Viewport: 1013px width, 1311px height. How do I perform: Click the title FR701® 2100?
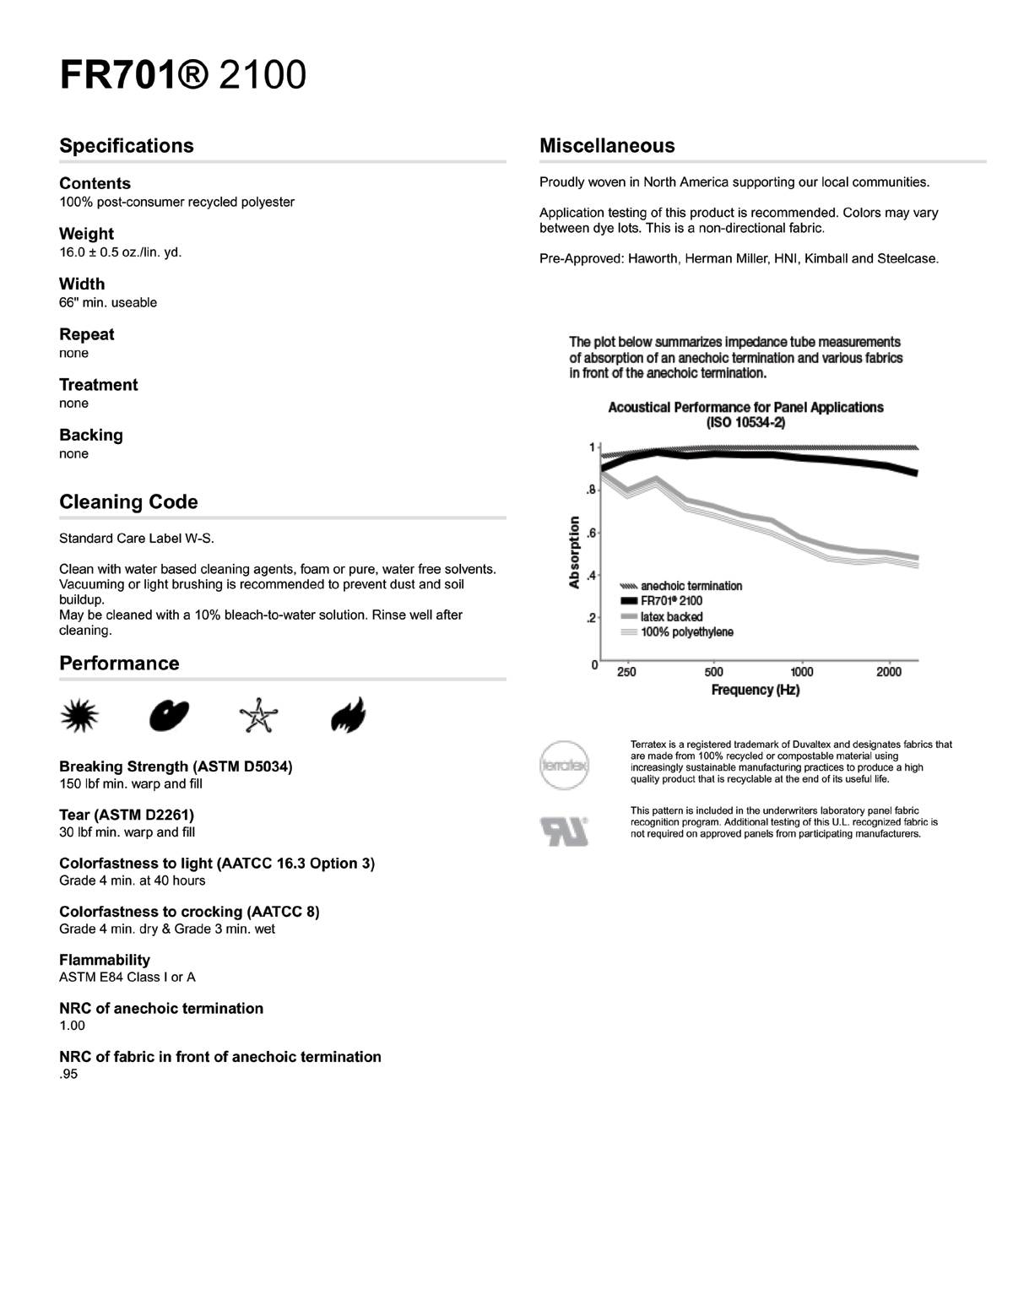click(182, 75)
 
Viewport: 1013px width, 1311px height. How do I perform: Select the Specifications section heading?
click(127, 145)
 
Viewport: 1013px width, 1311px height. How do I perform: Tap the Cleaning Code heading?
click(128, 501)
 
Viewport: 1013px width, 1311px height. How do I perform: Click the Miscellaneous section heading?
click(607, 145)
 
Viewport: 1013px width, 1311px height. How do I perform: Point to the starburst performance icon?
click(80, 717)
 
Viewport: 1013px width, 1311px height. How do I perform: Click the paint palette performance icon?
click(169, 716)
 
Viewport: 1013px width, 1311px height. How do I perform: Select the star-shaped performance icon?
click(258, 716)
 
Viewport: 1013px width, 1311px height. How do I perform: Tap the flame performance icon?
click(348, 716)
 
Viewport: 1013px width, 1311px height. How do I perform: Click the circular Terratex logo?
click(564, 765)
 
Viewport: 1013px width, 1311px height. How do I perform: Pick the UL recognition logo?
click(564, 832)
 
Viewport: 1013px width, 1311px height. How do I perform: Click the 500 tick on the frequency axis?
click(714, 672)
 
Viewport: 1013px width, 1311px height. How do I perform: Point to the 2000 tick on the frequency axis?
click(889, 672)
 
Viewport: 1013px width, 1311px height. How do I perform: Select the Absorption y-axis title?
click(575, 551)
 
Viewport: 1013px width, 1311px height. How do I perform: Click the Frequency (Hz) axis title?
click(756, 690)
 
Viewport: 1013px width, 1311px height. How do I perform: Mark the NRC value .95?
click(68, 1074)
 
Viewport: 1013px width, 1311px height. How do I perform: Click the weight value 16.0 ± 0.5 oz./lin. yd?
click(120, 252)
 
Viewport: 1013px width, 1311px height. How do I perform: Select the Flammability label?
click(105, 960)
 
